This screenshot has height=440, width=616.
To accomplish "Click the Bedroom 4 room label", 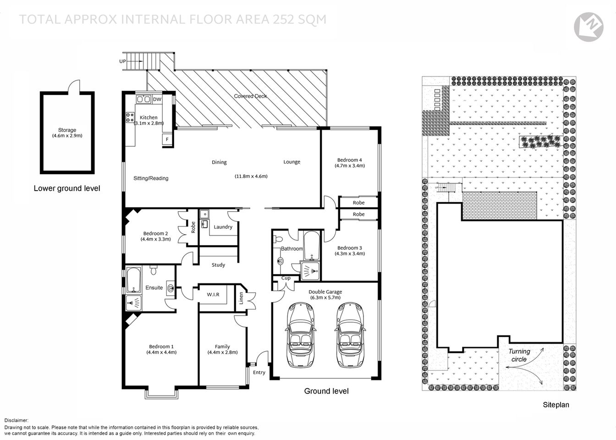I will click(350, 160).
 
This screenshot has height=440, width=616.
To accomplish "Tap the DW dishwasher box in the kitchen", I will click(157, 99).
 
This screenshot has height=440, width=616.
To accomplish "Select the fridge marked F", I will click(167, 139).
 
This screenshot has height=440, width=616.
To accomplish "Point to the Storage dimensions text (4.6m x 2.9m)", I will click(67, 136).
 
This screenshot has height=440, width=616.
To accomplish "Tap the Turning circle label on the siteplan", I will click(519, 355).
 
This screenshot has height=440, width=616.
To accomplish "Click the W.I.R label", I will click(213, 294).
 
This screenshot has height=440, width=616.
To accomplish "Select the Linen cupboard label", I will click(241, 298).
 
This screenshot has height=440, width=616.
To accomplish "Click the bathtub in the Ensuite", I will click(133, 280).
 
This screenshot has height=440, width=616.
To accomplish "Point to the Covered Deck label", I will click(250, 96).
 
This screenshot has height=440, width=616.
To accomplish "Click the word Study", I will click(218, 265).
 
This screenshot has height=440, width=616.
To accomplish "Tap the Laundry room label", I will click(223, 227).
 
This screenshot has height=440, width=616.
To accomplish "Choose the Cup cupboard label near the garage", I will click(286, 278).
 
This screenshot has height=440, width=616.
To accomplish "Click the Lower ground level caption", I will click(67, 188).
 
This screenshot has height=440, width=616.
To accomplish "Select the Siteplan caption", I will click(555, 405).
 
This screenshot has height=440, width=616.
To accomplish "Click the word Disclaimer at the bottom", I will click(16, 420).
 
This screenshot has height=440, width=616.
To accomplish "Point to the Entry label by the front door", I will click(259, 372).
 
